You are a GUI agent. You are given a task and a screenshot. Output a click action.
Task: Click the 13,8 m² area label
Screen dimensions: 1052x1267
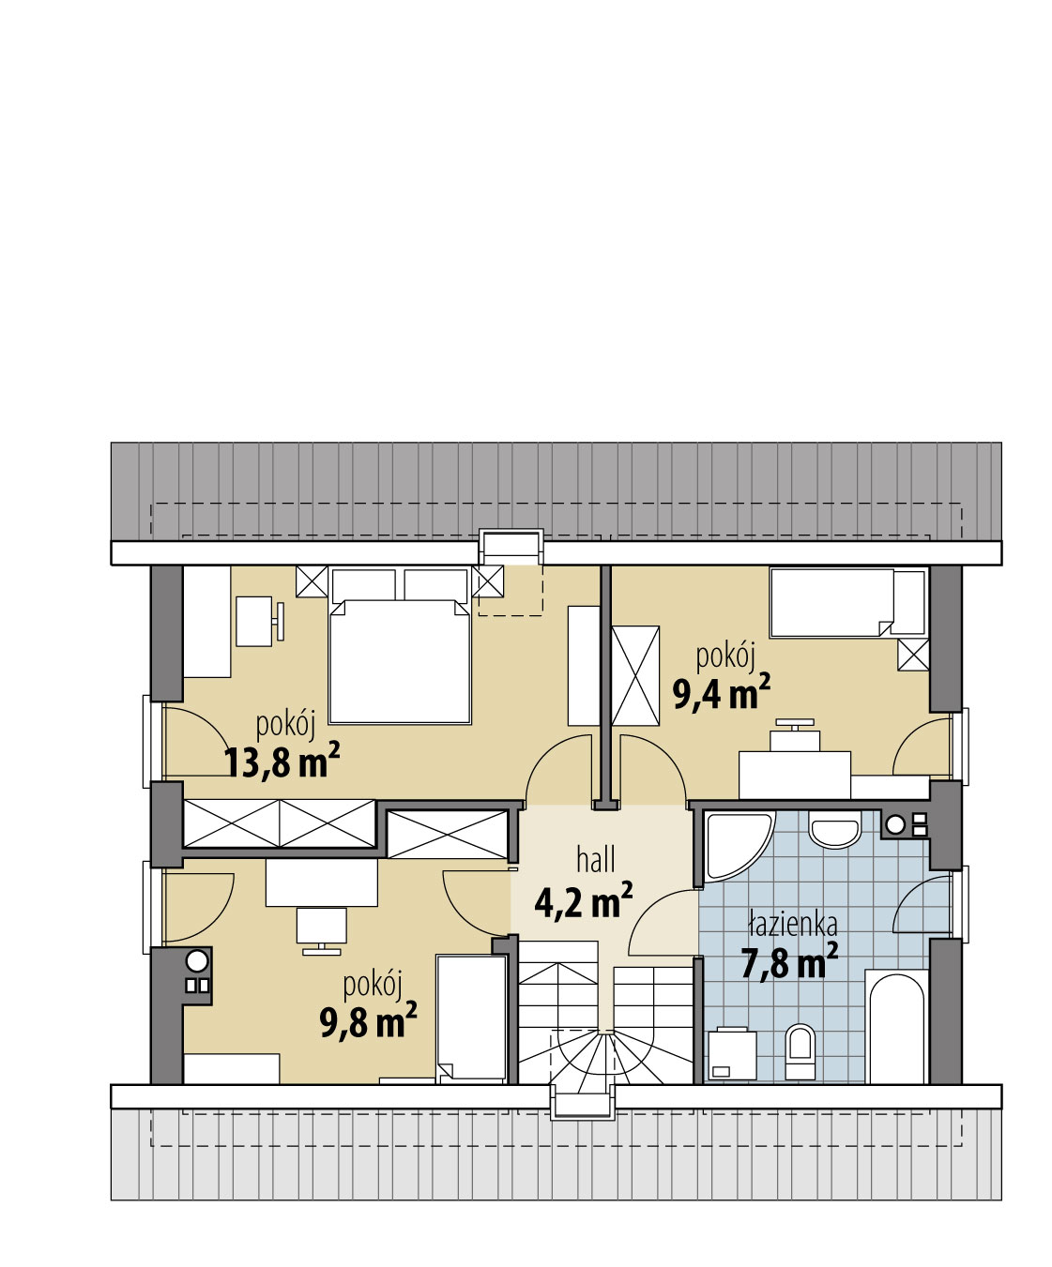[282, 762]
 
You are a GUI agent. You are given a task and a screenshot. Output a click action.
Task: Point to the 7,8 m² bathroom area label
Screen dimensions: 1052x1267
[789, 962]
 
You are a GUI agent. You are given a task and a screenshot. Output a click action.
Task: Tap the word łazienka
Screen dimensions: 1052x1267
[793, 923]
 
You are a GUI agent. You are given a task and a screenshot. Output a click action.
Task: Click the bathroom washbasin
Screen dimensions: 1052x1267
[836, 834]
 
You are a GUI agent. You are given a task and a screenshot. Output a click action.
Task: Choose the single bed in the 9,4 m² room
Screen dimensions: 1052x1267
[847, 603]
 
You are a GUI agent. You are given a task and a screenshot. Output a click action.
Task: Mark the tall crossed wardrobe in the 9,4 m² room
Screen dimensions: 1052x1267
[635, 675]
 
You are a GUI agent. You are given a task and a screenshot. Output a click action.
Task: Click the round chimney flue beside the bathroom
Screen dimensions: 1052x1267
[894, 824]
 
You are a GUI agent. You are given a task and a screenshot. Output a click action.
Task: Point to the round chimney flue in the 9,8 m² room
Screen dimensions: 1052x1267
[197, 961]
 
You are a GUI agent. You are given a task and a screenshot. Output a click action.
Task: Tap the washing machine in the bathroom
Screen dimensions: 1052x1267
[732, 1054]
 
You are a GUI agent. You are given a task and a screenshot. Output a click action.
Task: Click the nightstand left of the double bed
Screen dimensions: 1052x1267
[312, 581]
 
